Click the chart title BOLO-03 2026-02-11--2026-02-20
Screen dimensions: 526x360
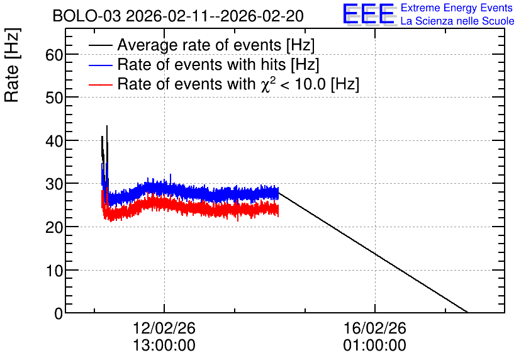178,16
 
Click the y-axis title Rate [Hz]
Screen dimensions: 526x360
12,65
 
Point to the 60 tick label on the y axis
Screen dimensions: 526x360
54,55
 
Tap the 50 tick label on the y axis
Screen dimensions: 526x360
54,98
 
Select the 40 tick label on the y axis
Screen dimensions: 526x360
54,141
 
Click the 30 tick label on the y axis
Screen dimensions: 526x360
54,184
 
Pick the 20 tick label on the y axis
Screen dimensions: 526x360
54,227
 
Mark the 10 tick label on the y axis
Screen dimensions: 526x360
54,271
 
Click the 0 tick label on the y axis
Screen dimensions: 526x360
59,313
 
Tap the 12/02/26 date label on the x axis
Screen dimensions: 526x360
164,328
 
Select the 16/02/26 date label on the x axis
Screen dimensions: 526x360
375,328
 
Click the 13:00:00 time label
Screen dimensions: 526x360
164,346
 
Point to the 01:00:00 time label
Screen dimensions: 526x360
375,346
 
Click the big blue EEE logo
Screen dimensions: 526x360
369,14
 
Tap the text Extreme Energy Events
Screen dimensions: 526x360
457,8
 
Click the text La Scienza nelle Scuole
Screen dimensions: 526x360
457,21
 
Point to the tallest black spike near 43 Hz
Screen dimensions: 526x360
107,126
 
